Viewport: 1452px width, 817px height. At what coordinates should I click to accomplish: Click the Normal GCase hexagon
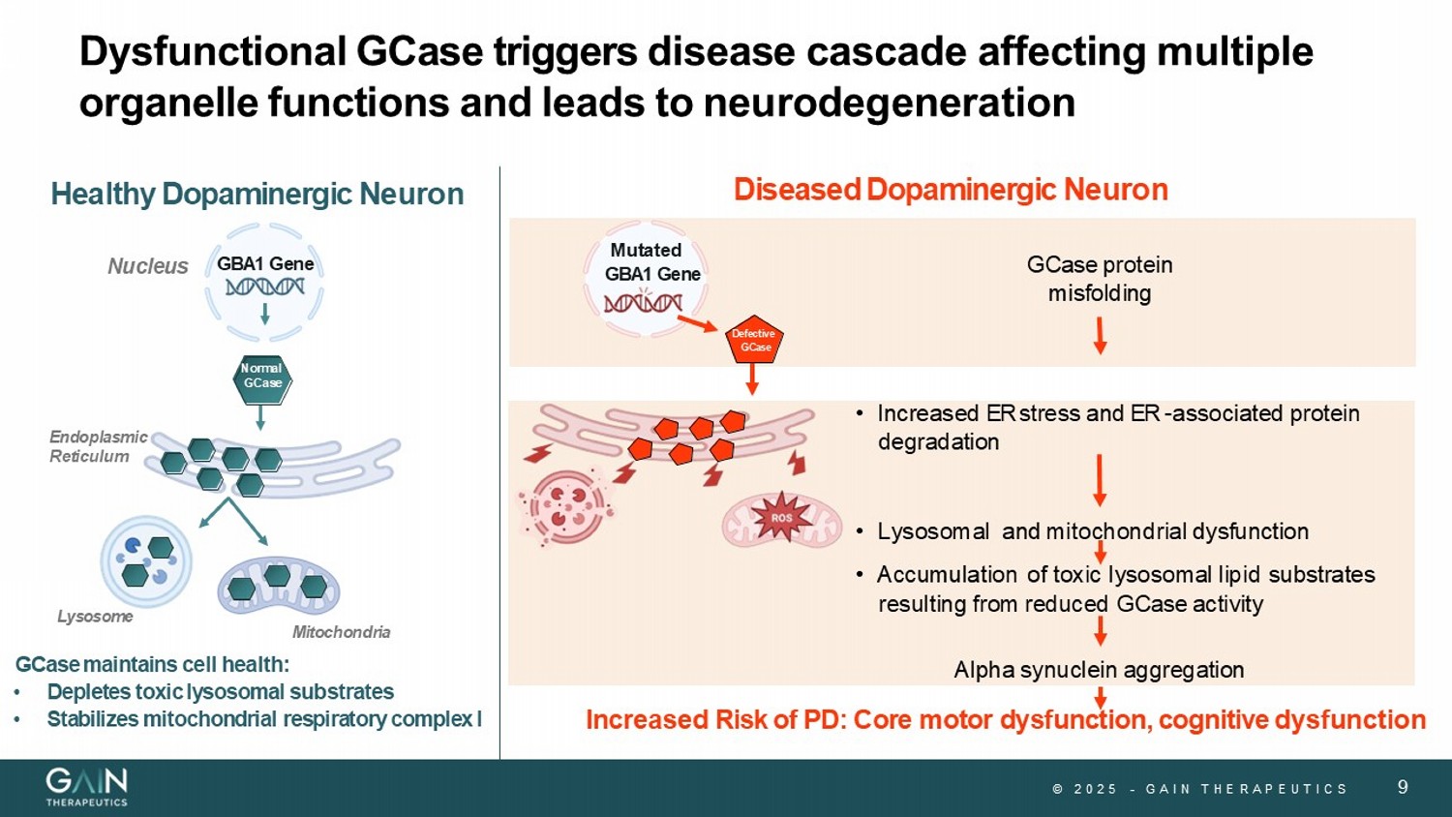262,378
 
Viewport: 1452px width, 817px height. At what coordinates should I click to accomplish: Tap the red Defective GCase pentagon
754,341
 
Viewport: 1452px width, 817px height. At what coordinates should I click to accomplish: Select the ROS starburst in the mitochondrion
781,518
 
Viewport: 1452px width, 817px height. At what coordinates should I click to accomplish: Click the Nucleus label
147,266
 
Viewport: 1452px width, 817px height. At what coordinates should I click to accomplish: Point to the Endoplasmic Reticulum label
98,446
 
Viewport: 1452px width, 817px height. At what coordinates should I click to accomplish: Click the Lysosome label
95,617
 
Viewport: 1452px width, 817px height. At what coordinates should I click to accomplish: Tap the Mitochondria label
341,632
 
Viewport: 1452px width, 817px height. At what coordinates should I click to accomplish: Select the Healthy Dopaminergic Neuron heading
257,194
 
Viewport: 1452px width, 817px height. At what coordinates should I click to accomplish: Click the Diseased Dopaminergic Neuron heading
951,190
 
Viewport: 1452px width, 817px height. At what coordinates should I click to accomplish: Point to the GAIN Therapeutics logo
87,786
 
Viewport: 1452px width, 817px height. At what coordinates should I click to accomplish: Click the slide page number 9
1403,787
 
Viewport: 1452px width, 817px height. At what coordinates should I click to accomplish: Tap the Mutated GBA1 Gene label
650,262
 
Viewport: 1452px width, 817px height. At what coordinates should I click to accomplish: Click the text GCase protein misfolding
1099,279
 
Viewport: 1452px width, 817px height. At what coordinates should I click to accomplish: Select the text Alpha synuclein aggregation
1099,670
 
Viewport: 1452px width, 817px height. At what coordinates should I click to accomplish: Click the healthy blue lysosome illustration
146,561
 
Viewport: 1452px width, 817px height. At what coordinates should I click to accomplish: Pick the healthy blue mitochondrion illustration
279,585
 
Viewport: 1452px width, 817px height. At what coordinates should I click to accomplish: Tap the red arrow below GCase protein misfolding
1100,335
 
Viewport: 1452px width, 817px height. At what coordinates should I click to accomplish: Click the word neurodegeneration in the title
889,103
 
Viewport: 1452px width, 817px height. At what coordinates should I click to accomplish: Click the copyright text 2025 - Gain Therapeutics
1200,789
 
